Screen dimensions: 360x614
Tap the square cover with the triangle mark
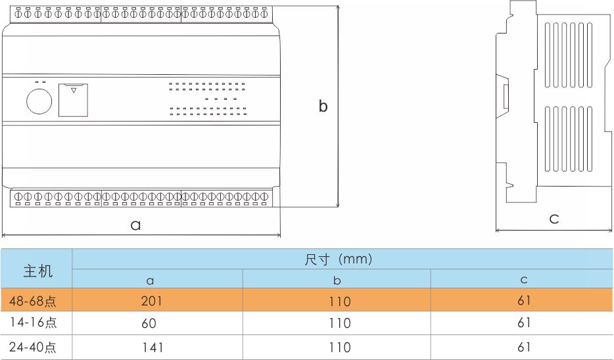tap(73, 100)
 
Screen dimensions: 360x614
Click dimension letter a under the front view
tap(135, 225)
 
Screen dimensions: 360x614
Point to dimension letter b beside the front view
tap(323, 106)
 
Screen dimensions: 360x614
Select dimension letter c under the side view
tap(554, 219)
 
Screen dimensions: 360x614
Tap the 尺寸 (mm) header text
tap(339, 259)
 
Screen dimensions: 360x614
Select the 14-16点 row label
tap(33, 323)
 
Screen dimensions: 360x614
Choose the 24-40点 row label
tap(33, 347)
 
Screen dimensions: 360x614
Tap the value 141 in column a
tap(151, 347)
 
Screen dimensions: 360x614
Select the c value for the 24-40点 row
tap(523, 347)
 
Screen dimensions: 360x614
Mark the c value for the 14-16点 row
tap(523, 323)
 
